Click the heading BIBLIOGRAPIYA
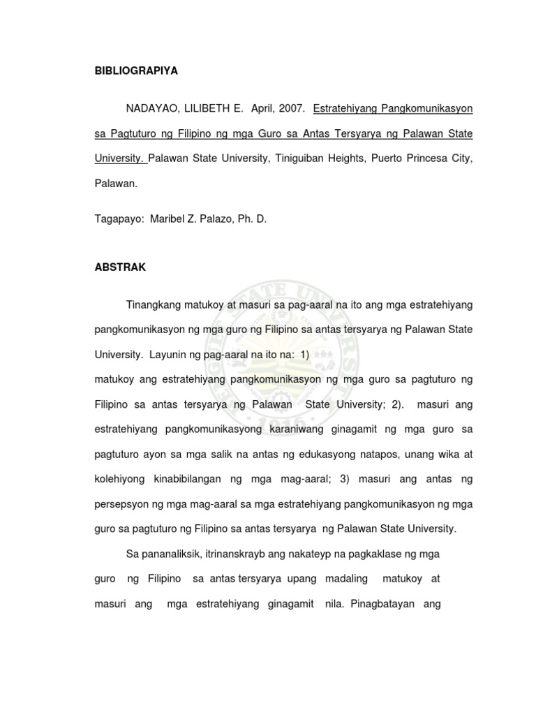pos(136,71)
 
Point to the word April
pos(259,109)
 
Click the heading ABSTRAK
pos(117,267)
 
